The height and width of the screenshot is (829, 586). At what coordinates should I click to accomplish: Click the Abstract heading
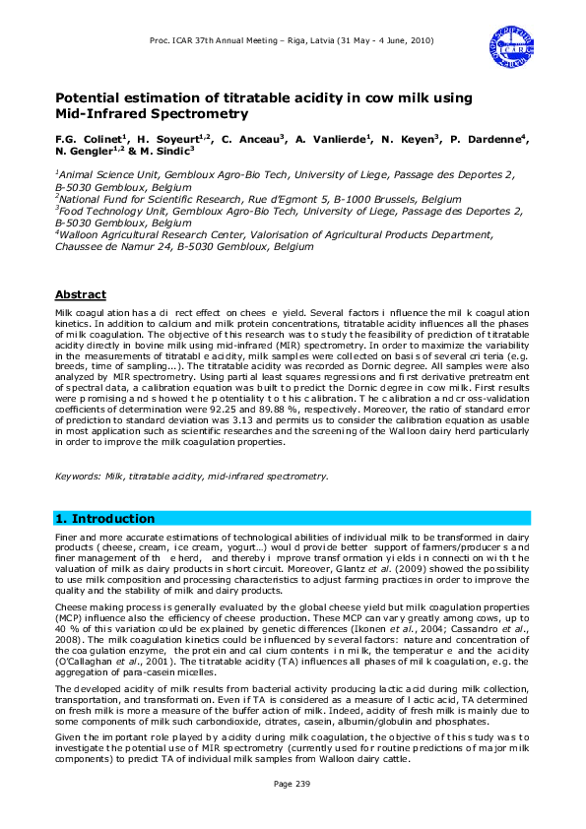[x=81, y=294]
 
